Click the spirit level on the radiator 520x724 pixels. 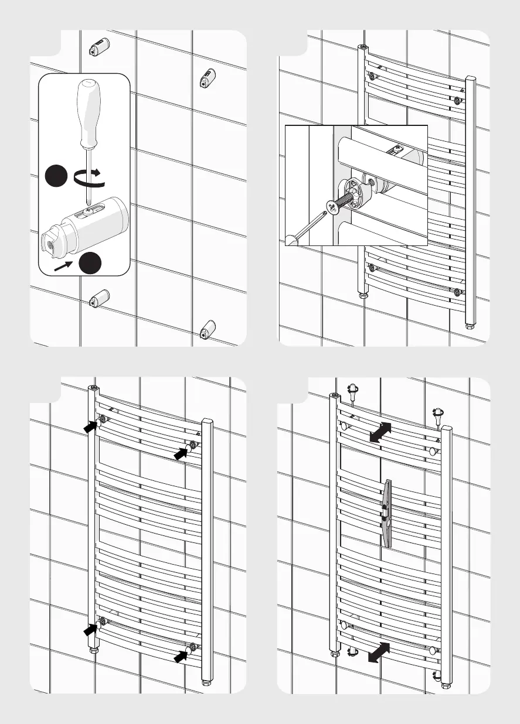point(388,513)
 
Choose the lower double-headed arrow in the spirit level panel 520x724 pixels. point(379,651)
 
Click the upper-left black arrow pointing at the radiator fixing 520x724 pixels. point(91,426)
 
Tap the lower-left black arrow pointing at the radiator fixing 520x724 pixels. point(90,630)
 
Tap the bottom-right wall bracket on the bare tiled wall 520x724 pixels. point(207,330)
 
